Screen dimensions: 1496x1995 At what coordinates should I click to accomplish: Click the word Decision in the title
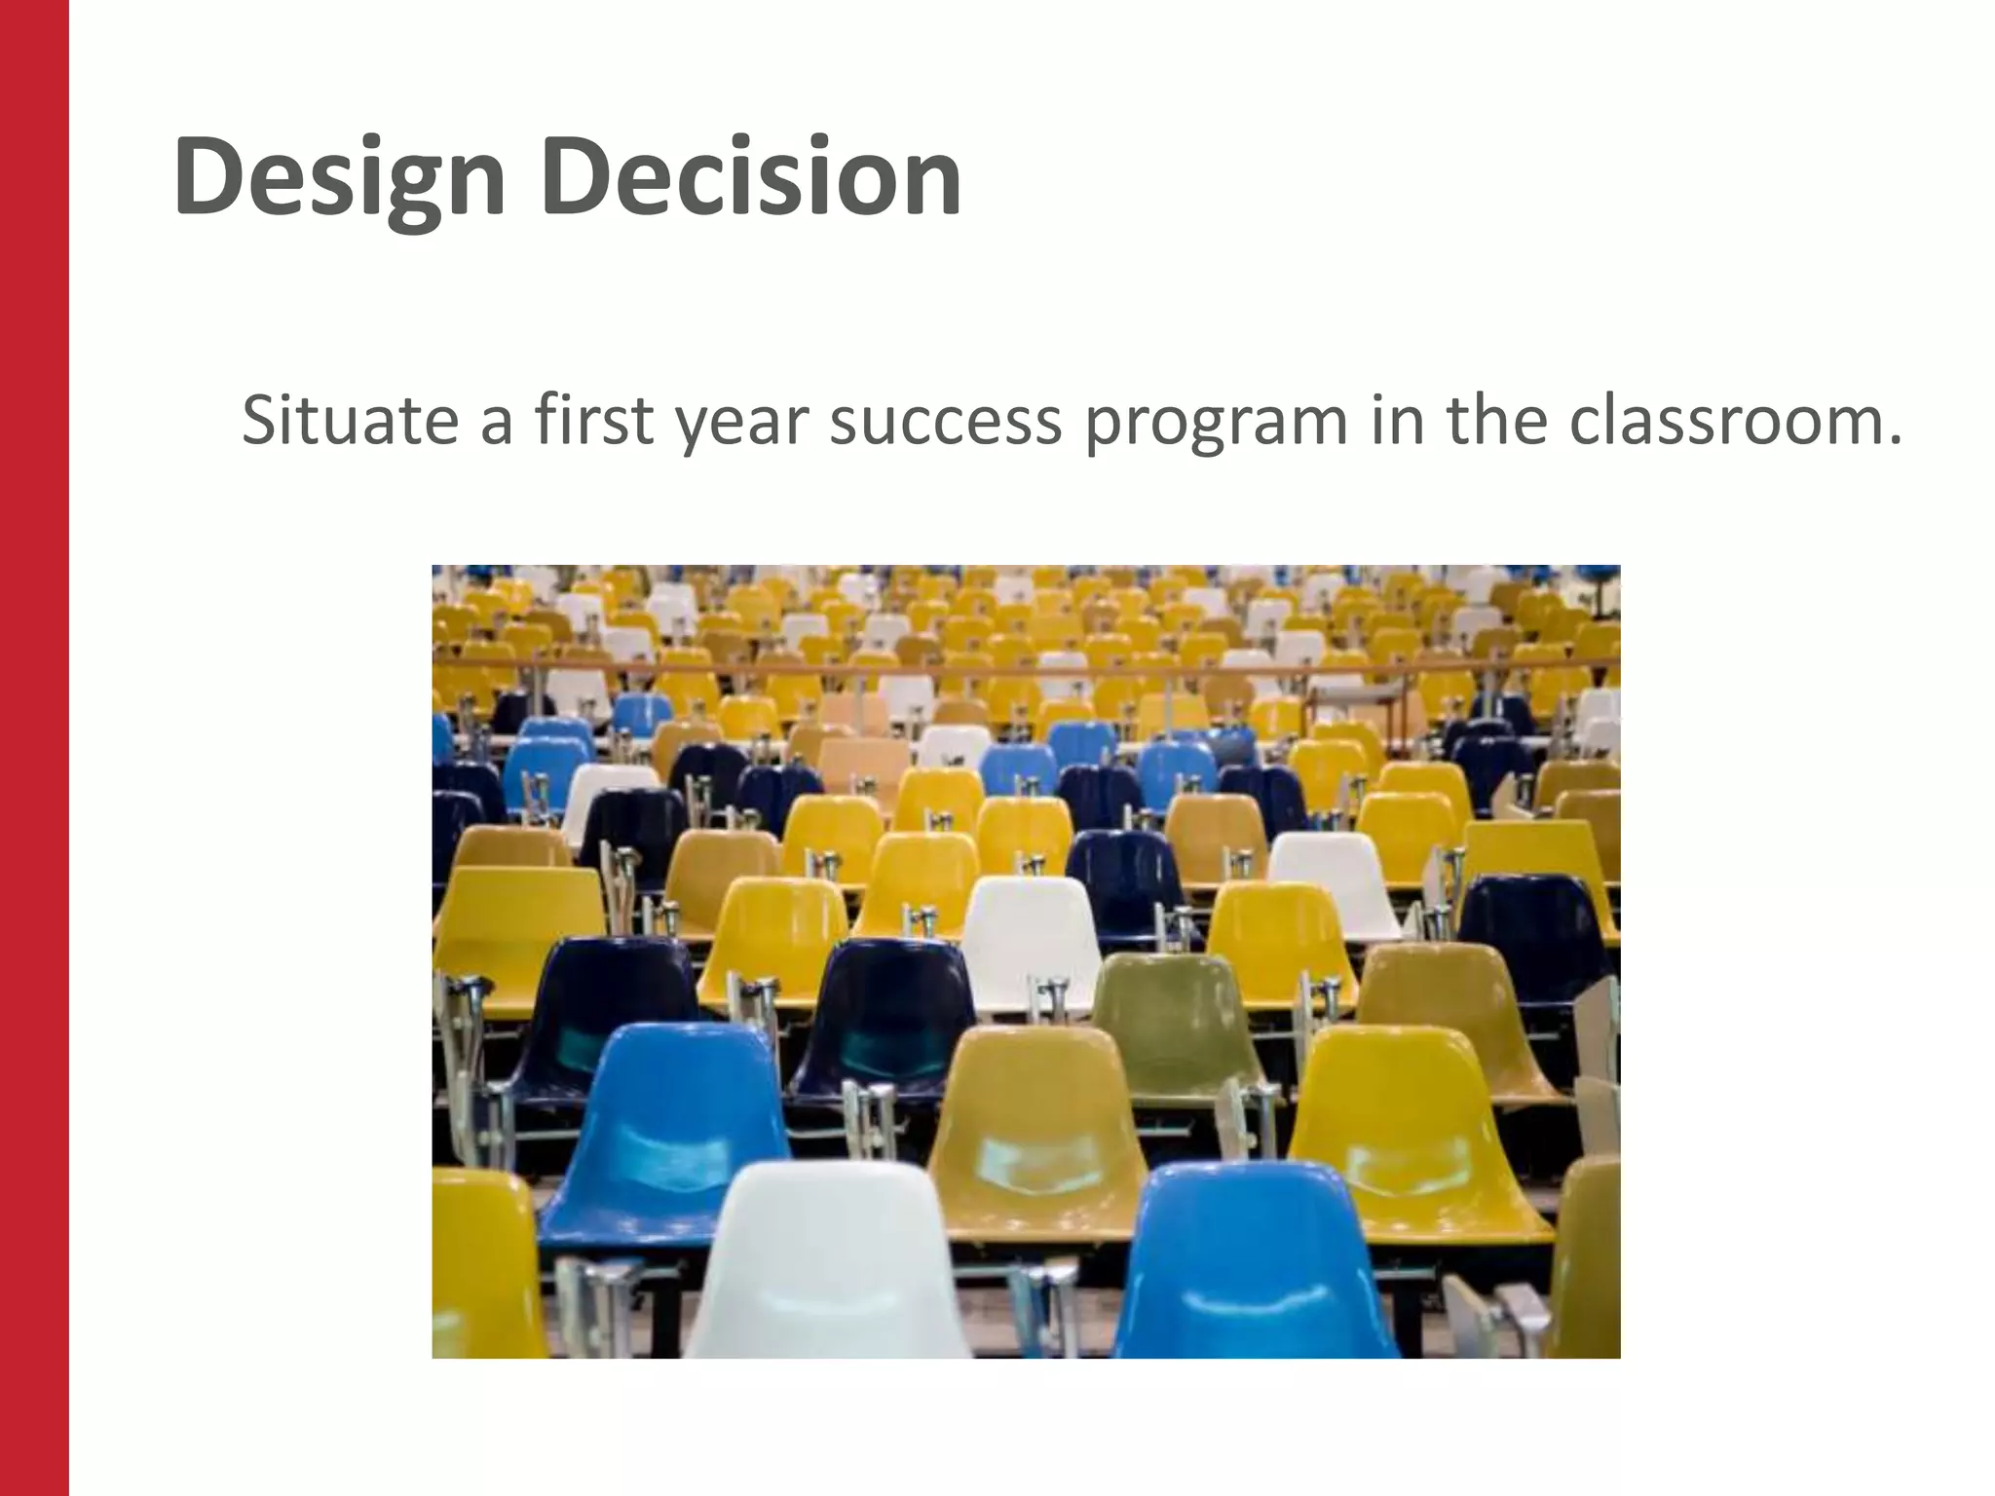[752, 177]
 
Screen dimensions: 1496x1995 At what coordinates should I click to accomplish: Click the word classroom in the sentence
[1734, 421]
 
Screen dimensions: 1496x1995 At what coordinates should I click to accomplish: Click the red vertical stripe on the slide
[34, 748]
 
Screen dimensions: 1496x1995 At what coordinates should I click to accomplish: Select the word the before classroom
[1496, 421]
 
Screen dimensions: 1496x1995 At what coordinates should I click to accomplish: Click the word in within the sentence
[1391, 421]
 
